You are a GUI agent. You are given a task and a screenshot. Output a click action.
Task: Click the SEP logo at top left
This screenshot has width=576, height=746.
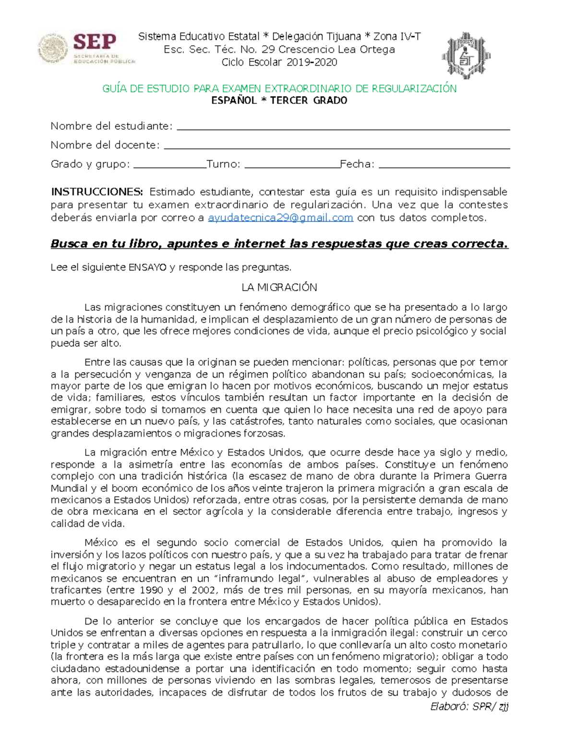coord(87,48)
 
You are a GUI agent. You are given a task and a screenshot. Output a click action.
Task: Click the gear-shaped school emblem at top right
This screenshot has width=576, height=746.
coord(466,56)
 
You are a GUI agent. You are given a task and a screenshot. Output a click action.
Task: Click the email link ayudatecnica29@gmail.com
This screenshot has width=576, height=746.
coord(281,218)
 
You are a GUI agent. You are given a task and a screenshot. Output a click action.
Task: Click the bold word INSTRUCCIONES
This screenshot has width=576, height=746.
coord(97,192)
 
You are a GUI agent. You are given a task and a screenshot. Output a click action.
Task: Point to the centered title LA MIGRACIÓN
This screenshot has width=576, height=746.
coord(279,288)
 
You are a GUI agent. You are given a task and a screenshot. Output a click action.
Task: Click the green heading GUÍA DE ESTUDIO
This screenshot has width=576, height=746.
coord(279,88)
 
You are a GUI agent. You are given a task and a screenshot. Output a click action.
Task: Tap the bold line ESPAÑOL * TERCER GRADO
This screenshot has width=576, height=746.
coord(279,100)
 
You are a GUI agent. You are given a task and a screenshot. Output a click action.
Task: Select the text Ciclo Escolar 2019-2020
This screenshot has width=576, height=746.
coord(279,62)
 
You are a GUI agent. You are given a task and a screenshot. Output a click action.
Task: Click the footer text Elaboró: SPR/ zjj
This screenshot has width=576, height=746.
coord(469,706)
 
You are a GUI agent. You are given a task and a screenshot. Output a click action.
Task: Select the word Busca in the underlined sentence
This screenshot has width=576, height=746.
coord(70,244)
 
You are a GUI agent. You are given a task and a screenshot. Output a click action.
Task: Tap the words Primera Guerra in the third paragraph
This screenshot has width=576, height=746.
coord(470,476)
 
